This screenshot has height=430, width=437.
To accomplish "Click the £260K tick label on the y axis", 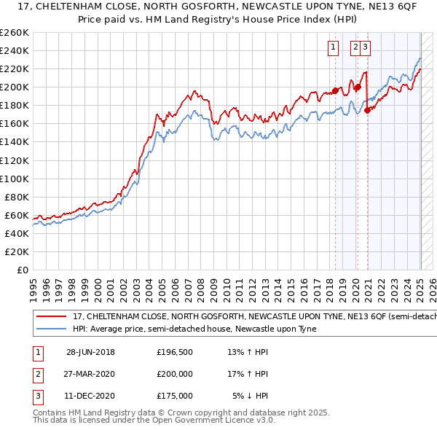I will coord(15,33).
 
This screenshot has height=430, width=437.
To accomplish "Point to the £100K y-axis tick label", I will coord(15,179).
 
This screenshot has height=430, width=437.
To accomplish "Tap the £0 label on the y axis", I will coord(22,270).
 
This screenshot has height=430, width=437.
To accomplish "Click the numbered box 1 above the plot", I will coord(334,49).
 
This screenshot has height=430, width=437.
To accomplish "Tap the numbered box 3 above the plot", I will coord(366,49).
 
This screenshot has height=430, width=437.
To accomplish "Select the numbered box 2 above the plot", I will coord(356,49).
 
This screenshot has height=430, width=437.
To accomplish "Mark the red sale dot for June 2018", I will coord(335,90).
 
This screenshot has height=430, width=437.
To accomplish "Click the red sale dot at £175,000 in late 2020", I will coord(367,110).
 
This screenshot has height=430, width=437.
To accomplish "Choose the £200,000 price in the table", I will coord(175,374).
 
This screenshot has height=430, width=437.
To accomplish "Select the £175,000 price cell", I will coord(175,396).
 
